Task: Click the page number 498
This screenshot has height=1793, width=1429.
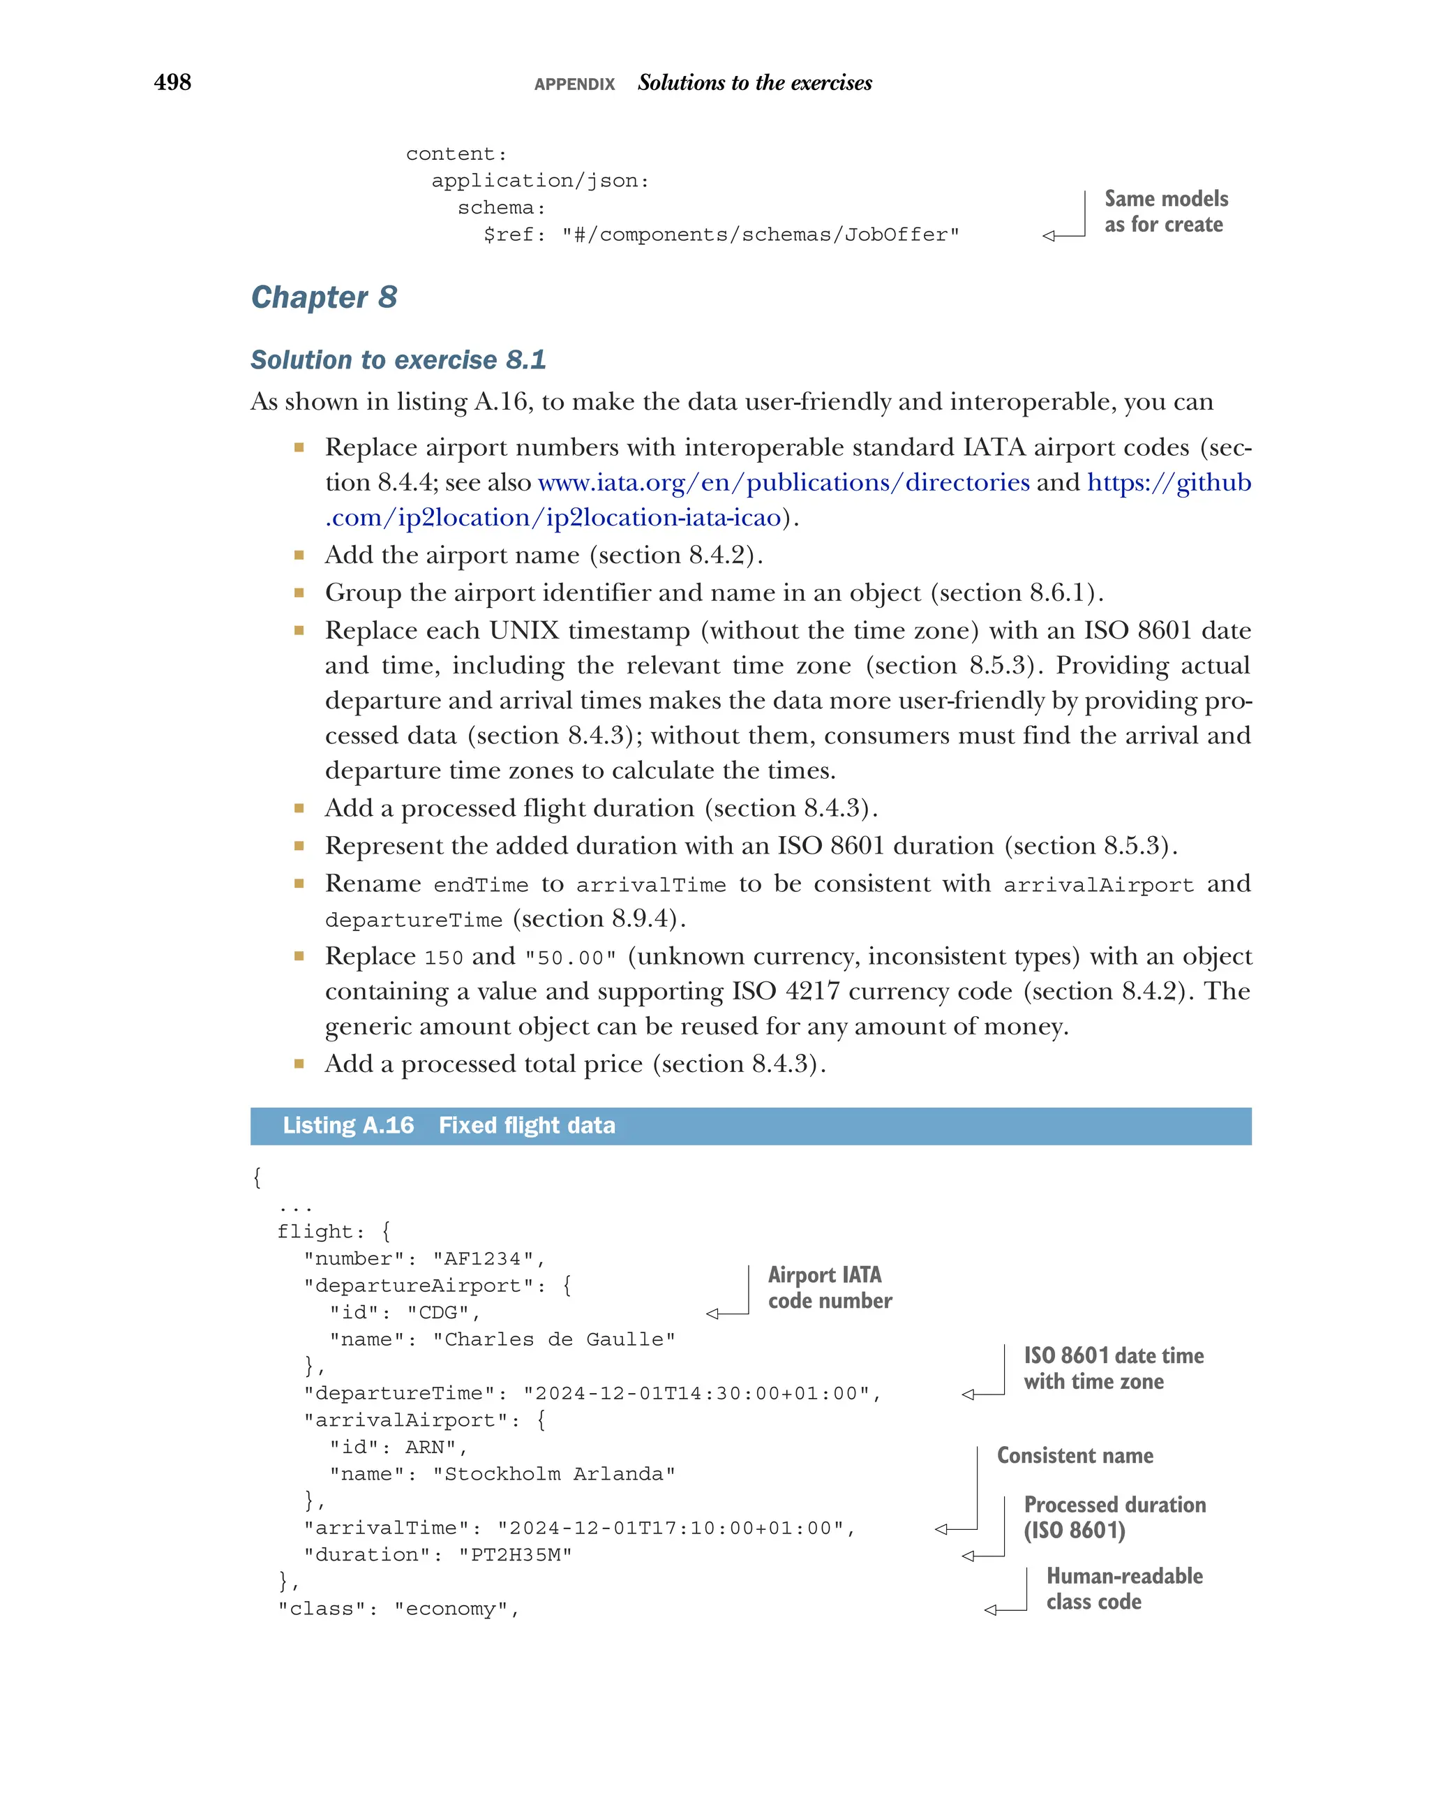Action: coord(172,82)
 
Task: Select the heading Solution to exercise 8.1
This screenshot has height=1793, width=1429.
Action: coord(398,359)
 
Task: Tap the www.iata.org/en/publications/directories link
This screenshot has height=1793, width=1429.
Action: coord(783,482)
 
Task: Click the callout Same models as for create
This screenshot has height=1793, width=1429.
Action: coord(1165,211)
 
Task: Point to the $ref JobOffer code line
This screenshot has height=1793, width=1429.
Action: coord(721,235)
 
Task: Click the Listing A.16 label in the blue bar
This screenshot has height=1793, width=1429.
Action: coord(347,1125)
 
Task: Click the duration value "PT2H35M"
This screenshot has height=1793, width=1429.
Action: coord(514,1555)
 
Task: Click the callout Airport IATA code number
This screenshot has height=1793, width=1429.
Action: coord(829,1288)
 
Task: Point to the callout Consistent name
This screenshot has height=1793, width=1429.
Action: coord(1074,1455)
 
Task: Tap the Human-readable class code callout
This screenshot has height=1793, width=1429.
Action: coord(1123,1589)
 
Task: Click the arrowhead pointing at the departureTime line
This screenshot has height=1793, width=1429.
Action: coord(968,1394)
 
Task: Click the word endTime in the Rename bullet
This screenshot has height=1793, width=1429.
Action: coord(481,886)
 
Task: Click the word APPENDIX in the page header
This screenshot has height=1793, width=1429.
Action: coord(574,84)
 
